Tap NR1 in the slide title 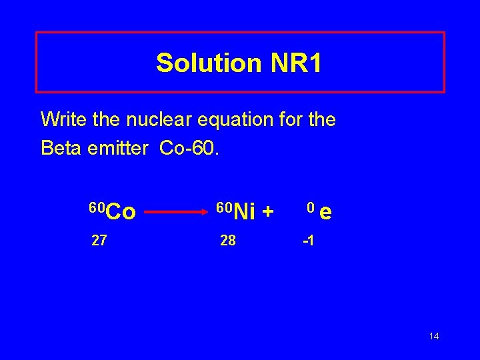(296, 63)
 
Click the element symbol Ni (245, 213)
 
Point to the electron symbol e (326, 213)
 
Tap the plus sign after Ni (268, 213)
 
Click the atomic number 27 (99, 241)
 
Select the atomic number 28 (228, 241)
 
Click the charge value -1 (308, 241)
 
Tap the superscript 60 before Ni (225, 207)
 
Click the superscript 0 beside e (310, 207)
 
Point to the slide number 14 (434, 336)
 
